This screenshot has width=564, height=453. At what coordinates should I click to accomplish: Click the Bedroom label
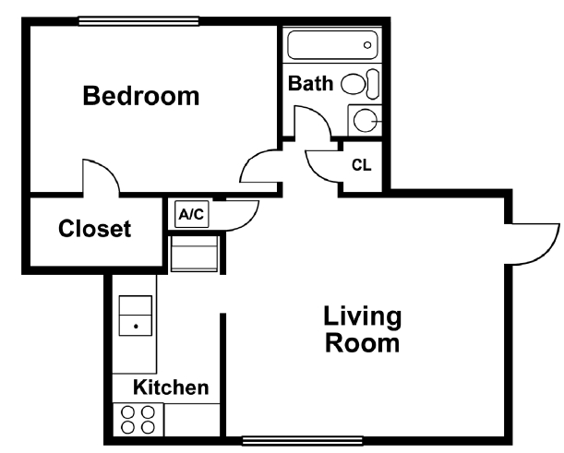click(x=141, y=95)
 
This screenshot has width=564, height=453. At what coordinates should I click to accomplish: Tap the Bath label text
click(x=310, y=83)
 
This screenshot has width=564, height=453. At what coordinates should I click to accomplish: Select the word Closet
click(x=94, y=228)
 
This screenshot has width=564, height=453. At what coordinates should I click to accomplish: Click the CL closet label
click(x=362, y=166)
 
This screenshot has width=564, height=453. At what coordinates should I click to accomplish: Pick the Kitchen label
click(x=171, y=387)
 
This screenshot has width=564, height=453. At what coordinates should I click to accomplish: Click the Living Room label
click(x=362, y=330)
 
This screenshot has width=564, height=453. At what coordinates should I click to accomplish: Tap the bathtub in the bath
click(x=331, y=43)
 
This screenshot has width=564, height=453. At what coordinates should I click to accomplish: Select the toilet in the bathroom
click(x=361, y=84)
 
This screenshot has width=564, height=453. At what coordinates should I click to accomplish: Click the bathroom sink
click(x=366, y=119)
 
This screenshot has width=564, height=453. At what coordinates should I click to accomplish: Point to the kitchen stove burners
click(x=138, y=419)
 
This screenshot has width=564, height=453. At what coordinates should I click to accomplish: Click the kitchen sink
click(x=136, y=317)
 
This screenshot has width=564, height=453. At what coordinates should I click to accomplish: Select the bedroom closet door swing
click(x=100, y=176)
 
